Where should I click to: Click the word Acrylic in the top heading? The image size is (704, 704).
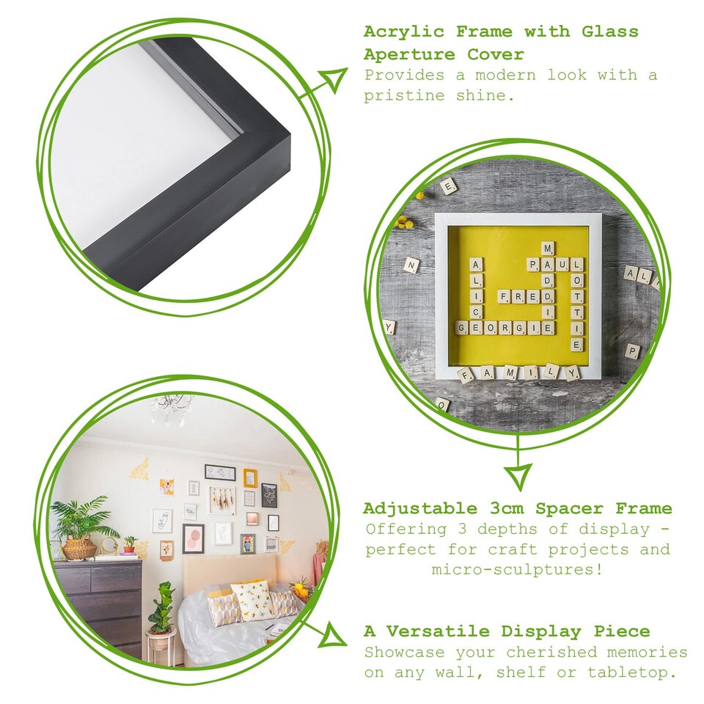pos(402,32)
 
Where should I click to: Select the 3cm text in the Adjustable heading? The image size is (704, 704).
pos(504,508)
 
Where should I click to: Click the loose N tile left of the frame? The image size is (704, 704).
pos(411,265)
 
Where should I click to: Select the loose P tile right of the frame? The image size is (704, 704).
pos(632,351)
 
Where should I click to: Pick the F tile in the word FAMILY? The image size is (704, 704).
pos(466,376)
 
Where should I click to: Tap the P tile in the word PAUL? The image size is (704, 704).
pos(532,264)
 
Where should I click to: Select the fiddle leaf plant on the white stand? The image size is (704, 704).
pos(161,609)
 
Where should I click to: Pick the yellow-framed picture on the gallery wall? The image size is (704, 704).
pos(251,478)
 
